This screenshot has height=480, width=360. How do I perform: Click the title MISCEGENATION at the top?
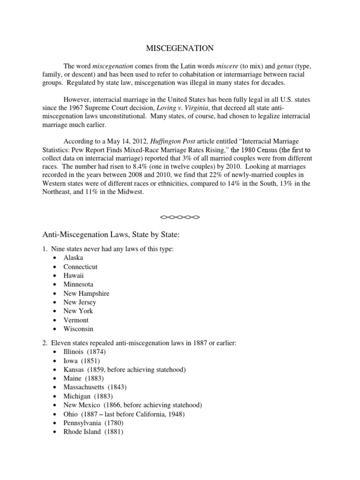(x=180, y=48)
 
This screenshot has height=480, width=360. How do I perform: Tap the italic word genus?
(x=274, y=67)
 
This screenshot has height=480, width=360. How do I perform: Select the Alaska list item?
(x=74, y=258)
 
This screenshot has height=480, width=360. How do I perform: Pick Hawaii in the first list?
(x=74, y=276)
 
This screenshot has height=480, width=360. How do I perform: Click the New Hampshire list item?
(x=87, y=293)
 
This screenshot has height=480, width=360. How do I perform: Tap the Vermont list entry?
(x=76, y=320)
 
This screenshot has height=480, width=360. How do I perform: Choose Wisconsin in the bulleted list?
(x=78, y=329)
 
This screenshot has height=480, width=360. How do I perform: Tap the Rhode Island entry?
(x=82, y=432)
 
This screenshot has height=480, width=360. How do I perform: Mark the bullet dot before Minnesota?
(x=56, y=285)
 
